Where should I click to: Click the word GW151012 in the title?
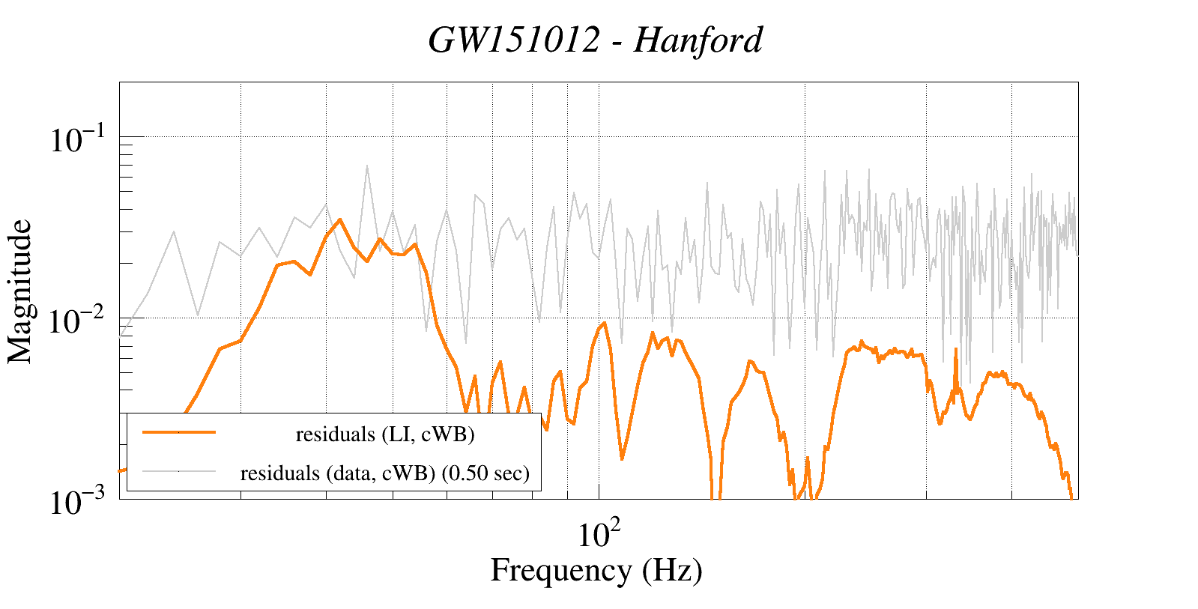tap(514, 40)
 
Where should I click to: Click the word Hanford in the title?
tap(698, 40)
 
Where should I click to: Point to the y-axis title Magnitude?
tap(20, 291)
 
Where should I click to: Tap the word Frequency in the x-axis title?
tap(560, 571)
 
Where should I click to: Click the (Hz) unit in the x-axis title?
tap(672, 571)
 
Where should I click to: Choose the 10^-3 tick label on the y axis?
tap(79, 502)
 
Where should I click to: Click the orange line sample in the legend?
tap(178, 432)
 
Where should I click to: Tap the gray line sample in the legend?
tap(178, 471)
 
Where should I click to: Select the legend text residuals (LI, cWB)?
tap(385, 434)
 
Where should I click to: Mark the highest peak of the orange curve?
tap(339, 219)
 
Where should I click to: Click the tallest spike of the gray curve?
tap(367, 166)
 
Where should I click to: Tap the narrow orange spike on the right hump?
tap(955, 349)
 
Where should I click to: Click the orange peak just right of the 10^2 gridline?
tap(604, 323)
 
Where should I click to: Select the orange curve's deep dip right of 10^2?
tap(622, 458)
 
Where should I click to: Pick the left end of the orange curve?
tap(121, 471)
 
